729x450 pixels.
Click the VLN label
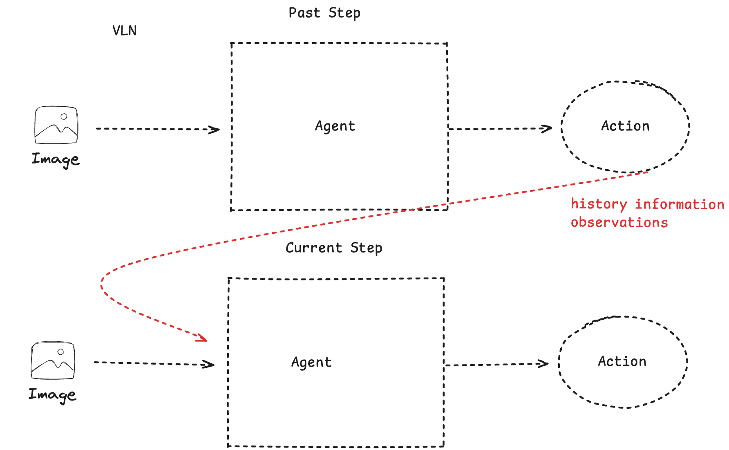(124, 31)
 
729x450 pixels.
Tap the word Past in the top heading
(304, 13)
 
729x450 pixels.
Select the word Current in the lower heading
(313, 248)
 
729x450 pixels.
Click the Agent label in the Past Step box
(335, 126)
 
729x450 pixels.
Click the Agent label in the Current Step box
(311, 363)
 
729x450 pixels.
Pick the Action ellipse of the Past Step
(625, 126)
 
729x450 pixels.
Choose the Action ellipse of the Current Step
(622, 362)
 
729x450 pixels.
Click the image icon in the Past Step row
(56, 125)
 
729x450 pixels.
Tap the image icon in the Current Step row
(53, 360)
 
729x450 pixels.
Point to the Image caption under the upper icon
(56, 159)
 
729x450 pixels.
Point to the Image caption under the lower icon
(52, 394)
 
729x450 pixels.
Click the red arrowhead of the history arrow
(202, 338)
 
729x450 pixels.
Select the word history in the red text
(599, 204)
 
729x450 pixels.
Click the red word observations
(619, 222)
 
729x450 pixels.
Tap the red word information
(679, 204)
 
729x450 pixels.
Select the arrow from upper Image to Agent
(157, 129)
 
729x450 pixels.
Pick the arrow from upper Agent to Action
(500, 129)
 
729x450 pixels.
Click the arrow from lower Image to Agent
(154, 363)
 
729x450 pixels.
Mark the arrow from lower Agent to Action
(496, 364)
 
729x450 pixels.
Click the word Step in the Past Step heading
(344, 13)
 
